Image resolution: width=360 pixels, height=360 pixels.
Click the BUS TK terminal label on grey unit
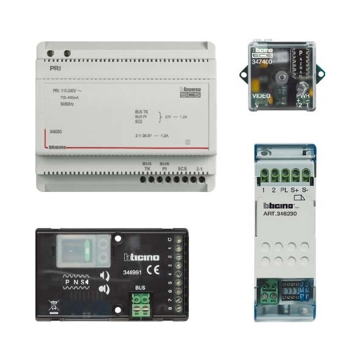coord(146,166)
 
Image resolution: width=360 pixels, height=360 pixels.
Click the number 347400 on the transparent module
coord(262,61)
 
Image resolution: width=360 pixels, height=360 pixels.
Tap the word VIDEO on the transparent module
coord(262,96)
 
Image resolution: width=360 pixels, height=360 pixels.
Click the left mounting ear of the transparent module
coord(244,74)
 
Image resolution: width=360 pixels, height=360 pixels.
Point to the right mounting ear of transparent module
coord(320,74)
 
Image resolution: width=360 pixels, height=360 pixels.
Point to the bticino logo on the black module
coord(142,257)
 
